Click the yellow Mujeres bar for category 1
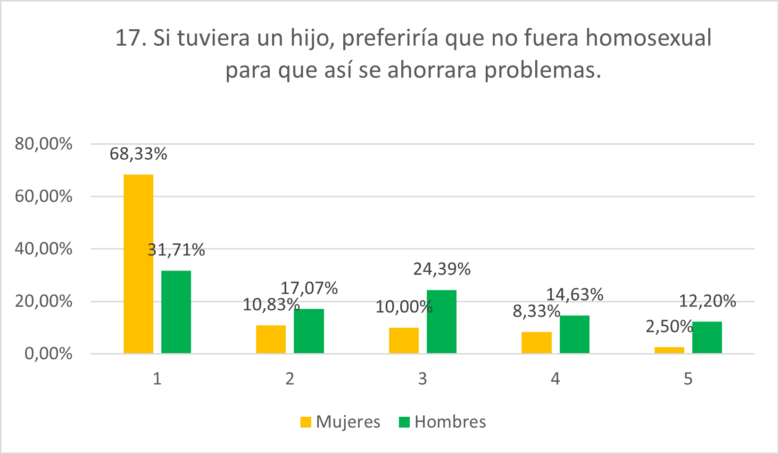[x=138, y=264]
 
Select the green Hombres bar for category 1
[x=176, y=312]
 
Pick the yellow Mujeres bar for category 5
[x=669, y=350]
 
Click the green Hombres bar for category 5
[x=707, y=337]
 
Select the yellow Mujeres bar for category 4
[x=536, y=342]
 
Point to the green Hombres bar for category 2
[x=309, y=330]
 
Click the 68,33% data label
[x=138, y=154]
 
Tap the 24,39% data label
[x=442, y=269]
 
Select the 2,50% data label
[x=669, y=326]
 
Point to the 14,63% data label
[x=574, y=294]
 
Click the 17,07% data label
[x=309, y=288]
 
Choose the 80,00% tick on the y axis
[x=43, y=144]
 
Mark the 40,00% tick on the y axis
[x=43, y=248]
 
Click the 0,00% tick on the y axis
[x=48, y=354]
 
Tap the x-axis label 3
[x=423, y=379]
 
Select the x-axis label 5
[x=688, y=379]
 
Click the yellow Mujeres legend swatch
[x=306, y=422]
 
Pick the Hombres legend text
[x=450, y=422]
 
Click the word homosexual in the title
[x=648, y=38]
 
